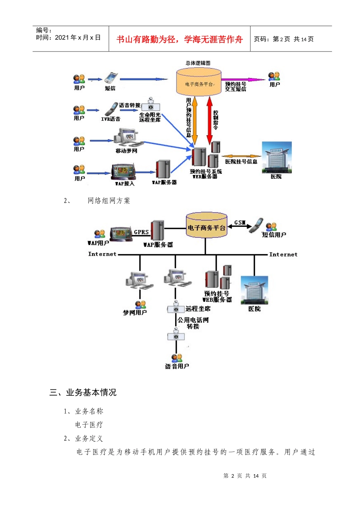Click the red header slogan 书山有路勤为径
(x=179, y=39)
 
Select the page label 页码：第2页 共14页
(x=283, y=39)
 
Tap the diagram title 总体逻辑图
(x=198, y=63)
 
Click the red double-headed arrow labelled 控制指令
(x=209, y=120)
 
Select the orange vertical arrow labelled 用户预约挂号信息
(x=195, y=120)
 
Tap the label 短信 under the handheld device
(x=110, y=88)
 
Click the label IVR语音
(x=111, y=119)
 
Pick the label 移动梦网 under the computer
(x=126, y=151)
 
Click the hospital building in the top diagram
(x=277, y=157)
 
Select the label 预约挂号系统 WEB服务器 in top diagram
(x=205, y=174)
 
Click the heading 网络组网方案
(x=109, y=201)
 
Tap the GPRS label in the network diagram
(x=141, y=232)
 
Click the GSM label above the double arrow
(x=240, y=222)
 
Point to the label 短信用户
(x=274, y=235)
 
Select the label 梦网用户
(x=135, y=313)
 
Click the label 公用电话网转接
(x=193, y=323)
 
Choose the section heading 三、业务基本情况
(x=83, y=392)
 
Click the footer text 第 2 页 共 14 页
(x=245, y=476)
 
